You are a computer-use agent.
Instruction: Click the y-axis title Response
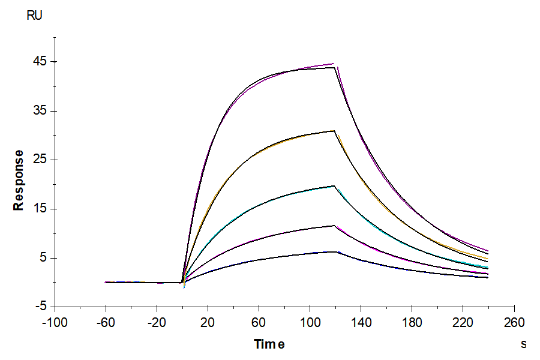pyautogui.click(x=19, y=180)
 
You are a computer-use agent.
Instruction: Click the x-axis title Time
pyautogui.click(x=269, y=344)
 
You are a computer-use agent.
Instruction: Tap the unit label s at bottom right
pyautogui.click(x=523, y=344)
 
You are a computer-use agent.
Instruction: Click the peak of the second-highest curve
pyautogui.click(x=335, y=131)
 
